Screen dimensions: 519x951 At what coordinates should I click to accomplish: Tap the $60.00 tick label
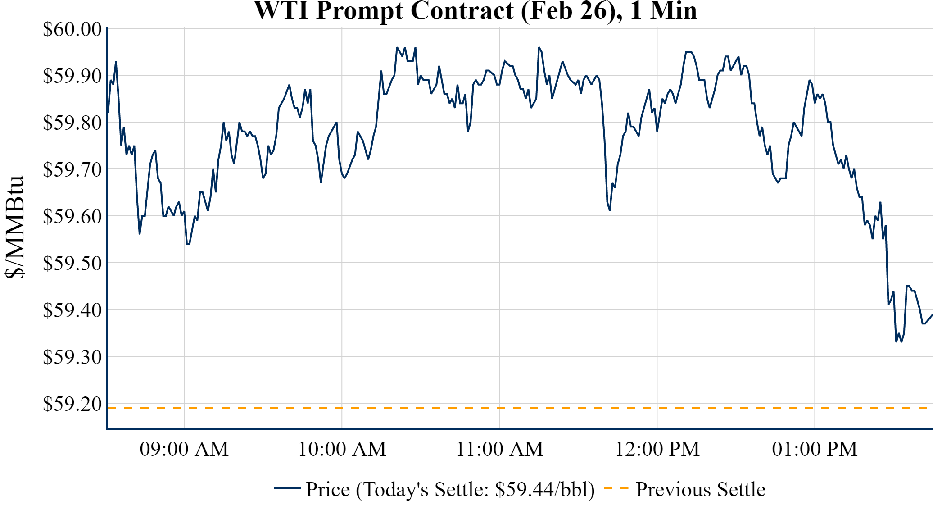[x=72, y=29]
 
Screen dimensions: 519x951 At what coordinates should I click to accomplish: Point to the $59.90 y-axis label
[x=72, y=76]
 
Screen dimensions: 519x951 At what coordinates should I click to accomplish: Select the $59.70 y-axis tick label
[x=72, y=170]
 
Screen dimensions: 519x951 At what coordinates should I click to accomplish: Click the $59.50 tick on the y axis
[x=72, y=264]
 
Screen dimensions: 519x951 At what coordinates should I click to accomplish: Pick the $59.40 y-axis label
[x=72, y=310]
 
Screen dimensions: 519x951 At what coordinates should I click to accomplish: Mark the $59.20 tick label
[x=72, y=404]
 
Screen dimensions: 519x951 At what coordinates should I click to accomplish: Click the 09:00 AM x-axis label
[x=184, y=449]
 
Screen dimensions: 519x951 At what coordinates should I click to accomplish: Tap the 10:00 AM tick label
[x=342, y=449]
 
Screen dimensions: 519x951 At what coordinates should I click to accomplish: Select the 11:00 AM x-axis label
[x=500, y=449]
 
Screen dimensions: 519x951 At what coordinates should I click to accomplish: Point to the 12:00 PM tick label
[x=657, y=449]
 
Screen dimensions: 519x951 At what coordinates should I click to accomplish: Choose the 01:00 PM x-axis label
[x=815, y=449]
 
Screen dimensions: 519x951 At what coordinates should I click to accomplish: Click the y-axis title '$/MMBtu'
[x=14, y=228]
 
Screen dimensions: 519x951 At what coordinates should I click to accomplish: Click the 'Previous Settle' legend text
[x=700, y=490]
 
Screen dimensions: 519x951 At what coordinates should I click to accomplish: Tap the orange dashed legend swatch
[x=616, y=488]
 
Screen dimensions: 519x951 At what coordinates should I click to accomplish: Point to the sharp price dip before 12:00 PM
[x=610, y=210]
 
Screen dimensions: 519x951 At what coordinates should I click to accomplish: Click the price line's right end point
[x=932, y=315]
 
